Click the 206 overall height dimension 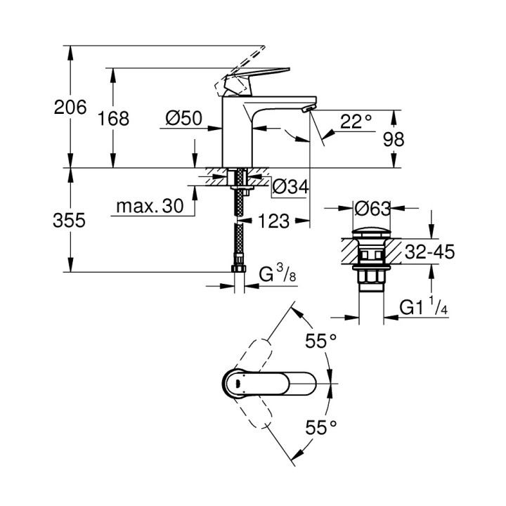[70, 108]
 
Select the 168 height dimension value [113, 119]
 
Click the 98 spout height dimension [394, 138]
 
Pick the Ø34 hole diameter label [289, 187]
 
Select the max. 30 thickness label [149, 206]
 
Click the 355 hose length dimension [70, 221]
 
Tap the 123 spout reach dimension [273, 221]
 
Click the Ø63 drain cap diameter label [372, 209]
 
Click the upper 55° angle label [321, 342]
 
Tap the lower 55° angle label [321, 426]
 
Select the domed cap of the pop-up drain [372, 232]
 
